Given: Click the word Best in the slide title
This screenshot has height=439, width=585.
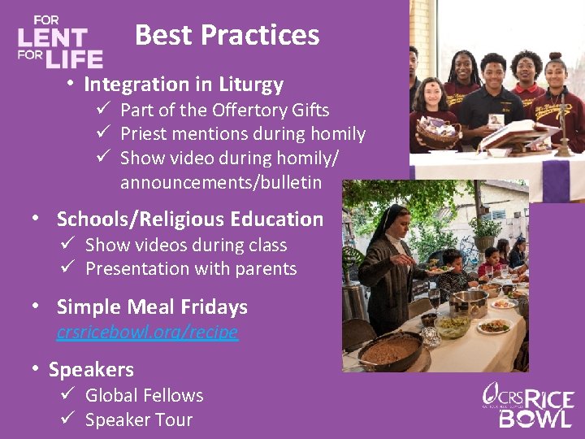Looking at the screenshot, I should click(163, 35).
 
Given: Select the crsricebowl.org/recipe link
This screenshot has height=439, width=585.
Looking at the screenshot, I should click(147, 332).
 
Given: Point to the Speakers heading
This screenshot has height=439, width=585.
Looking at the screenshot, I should click(91, 370).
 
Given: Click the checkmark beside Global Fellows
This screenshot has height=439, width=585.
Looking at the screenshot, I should click(67, 395).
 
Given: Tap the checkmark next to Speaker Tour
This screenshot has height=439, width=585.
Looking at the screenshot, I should click(67, 419).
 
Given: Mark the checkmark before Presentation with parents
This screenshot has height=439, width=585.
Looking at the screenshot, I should click(67, 268).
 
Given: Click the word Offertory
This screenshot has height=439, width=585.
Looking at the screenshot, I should click(236, 110).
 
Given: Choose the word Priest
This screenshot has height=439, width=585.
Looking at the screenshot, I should click(144, 134).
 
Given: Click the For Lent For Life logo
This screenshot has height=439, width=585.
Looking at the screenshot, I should click(60, 42).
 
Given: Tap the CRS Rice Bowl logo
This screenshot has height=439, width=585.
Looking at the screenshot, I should click(528, 404).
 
